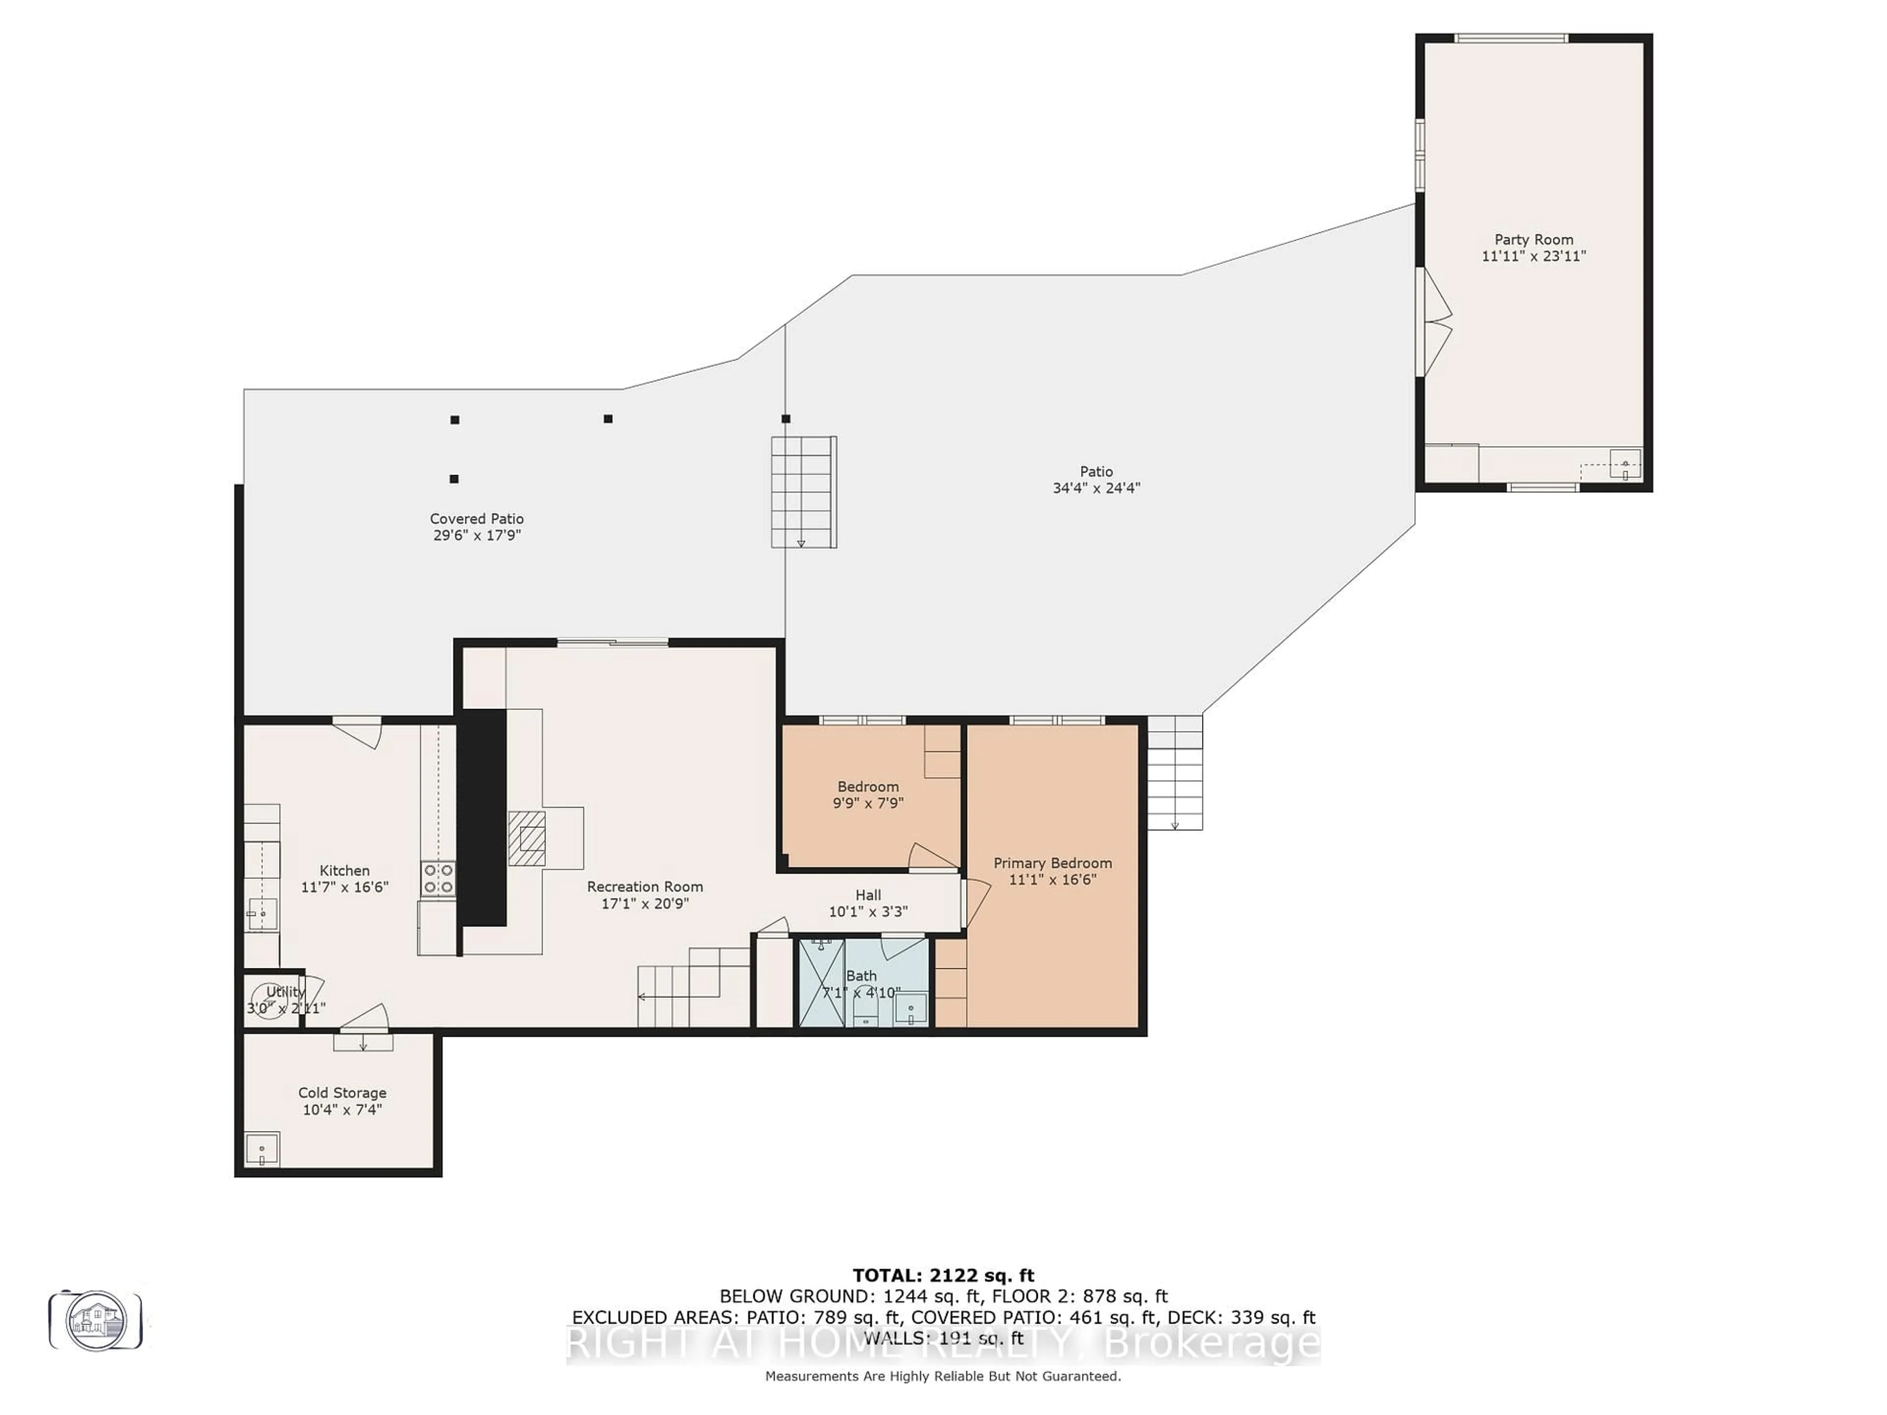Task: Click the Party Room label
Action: (x=1533, y=240)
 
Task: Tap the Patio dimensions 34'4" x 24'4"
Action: (x=1096, y=488)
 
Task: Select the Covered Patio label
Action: (x=476, y=518)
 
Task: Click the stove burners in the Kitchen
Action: (x=438, y=878)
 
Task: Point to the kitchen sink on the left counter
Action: (x=262, y=913)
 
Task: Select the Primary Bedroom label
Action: (x=1052, y=863)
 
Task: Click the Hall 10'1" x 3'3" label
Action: (x=867, y=903)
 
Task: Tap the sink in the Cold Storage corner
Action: (x=262, y=1150)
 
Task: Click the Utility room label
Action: (x=285, y=992)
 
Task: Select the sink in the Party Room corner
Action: (x=1624, y=465)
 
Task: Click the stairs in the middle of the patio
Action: (x=803, y=492)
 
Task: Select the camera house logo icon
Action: (x=95, y=1320)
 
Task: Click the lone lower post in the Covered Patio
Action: (x=454, y=480)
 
